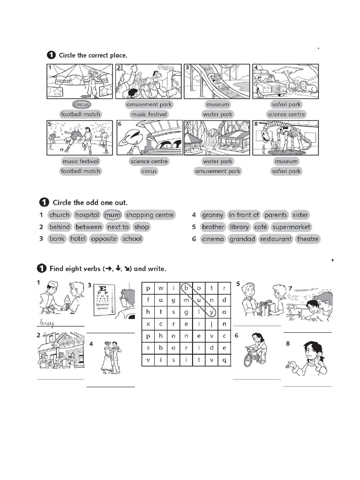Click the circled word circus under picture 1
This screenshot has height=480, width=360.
click(x=81, y=105)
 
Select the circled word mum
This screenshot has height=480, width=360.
click(x=112, y=215)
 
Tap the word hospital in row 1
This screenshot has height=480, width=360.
click(x=87, y=215)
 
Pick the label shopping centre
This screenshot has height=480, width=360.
click(x=150, y=215)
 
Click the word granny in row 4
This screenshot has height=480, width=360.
click(x=213, y=215)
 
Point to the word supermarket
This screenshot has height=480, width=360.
click(x=291, y=227)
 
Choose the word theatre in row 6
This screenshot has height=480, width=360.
click(x=308, y=239)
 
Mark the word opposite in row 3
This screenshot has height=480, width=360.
click(x=104, y=239)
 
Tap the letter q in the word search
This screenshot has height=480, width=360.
click(x=224, y=360)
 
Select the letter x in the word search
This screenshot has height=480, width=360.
click(x=148, y=324)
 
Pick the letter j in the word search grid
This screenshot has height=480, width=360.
click(x=211, y=324)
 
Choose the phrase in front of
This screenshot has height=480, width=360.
click(x=244, y=215)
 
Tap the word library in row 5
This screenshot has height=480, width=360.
click(x=240, y=227)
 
